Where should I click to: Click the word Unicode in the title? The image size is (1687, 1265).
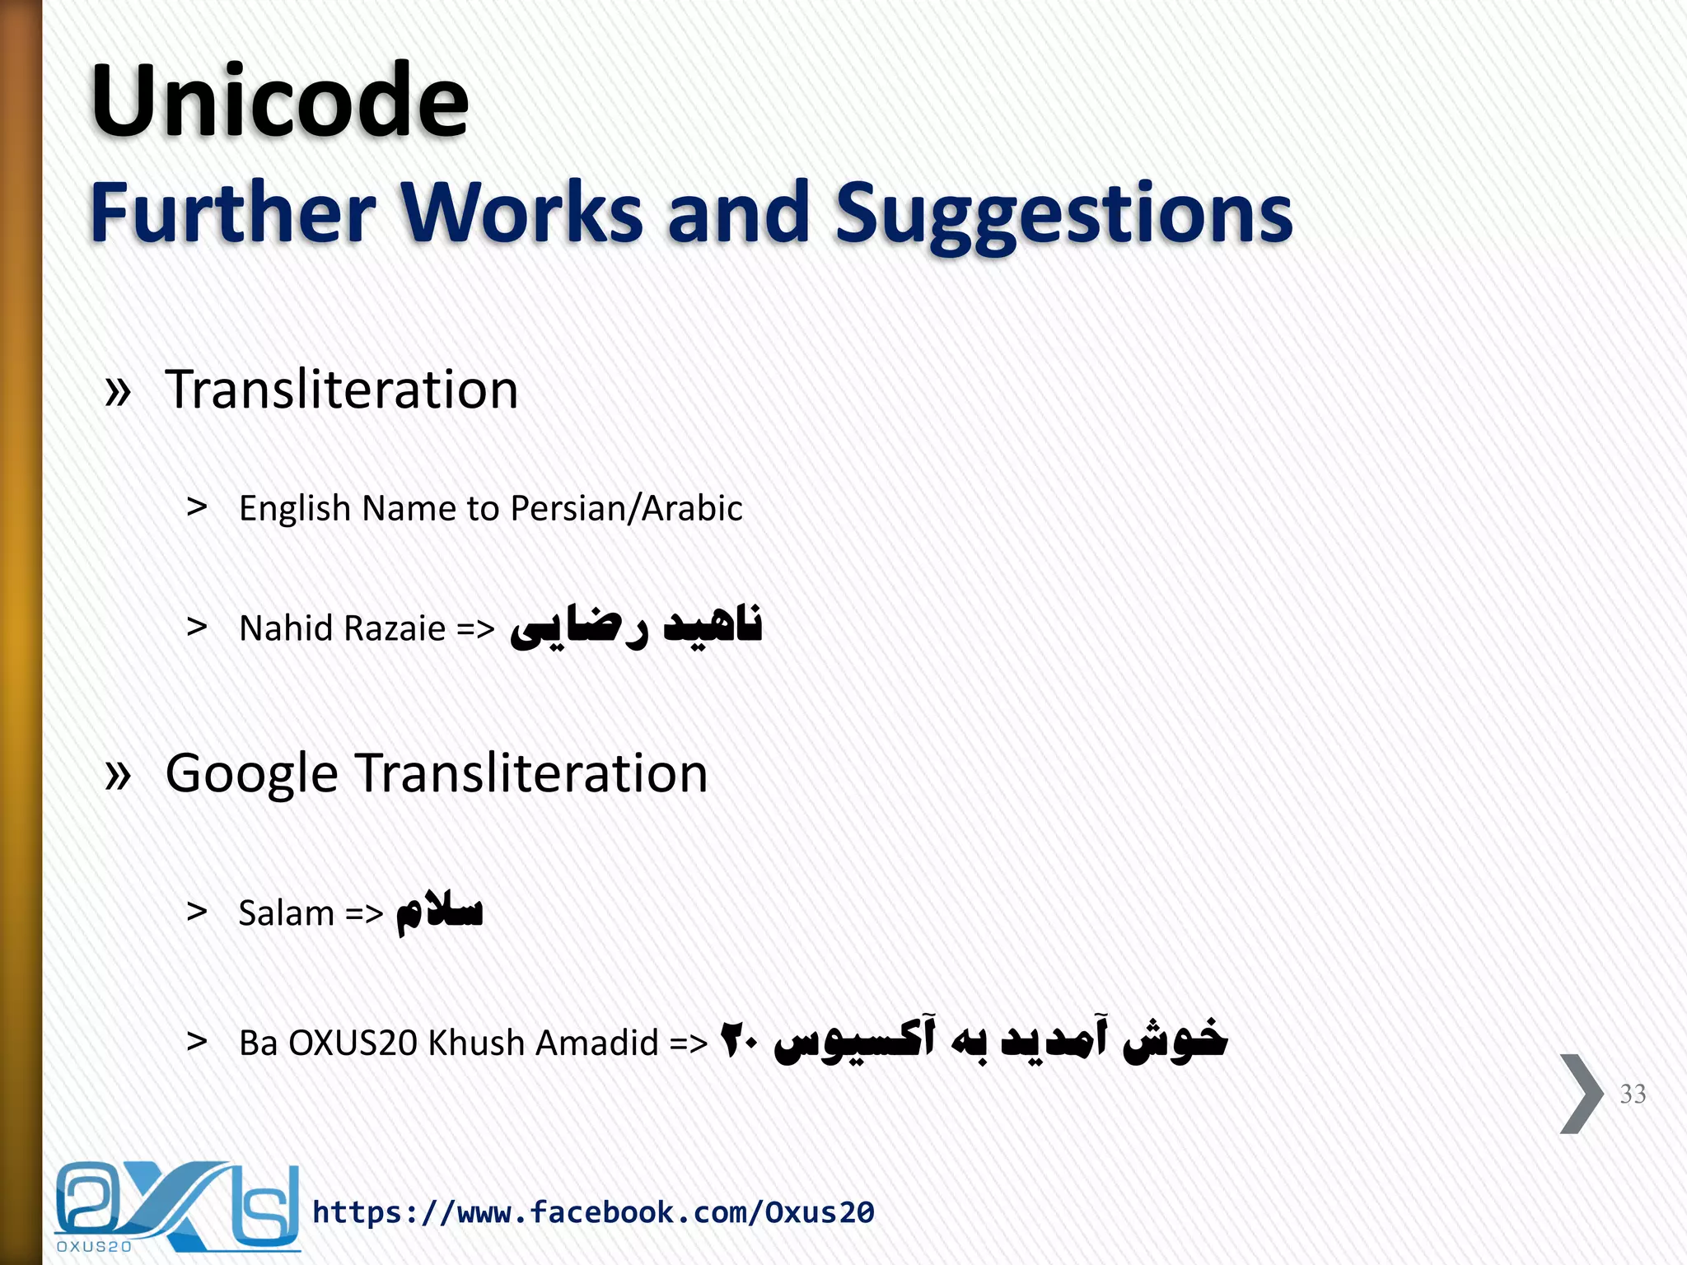click(x=280, y=102)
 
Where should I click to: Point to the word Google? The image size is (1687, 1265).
click(x=251, y=774)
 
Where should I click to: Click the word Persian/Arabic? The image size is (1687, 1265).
click(x=626, y=508)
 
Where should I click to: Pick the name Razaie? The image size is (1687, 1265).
click(x=395, y=628)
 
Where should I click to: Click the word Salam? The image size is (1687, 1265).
click(x=286, y=913)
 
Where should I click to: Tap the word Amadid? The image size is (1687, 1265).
click(x=597, y=1043)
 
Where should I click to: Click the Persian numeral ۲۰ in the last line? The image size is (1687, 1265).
click(x=739, y=1041)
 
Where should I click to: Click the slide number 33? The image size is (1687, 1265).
click(x=1632, y=1094)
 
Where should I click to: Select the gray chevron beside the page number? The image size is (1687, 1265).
click(x=1581, y=1094)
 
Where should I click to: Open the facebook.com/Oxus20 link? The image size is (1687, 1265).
click(x=593, y=1212)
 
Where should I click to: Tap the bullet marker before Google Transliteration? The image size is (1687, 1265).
click(x=119, y=775)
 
